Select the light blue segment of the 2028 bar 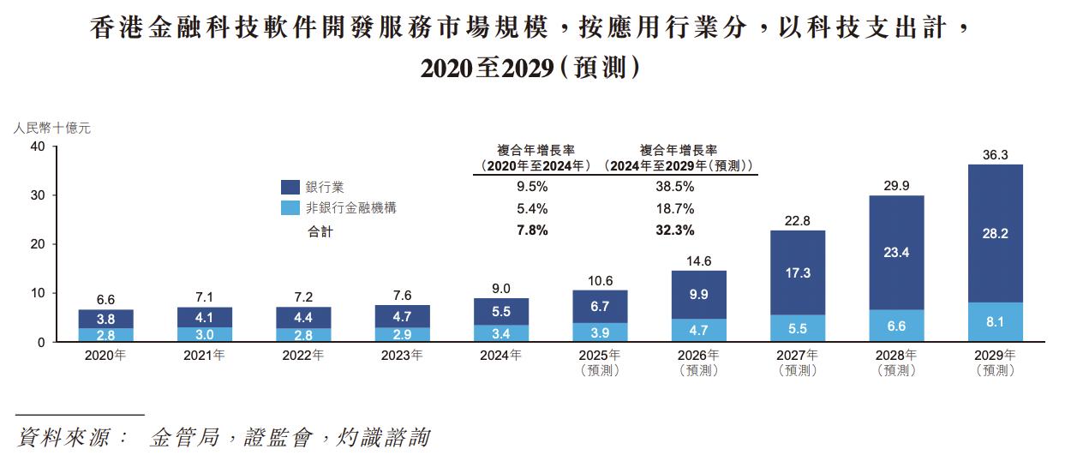point(896,326)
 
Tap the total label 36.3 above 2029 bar point(995,155)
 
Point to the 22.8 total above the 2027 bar point(798,221)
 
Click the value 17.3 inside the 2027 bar point(798,273)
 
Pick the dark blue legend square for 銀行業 point(290,186)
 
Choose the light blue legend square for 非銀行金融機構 point(290,208)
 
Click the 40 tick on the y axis point(38,147)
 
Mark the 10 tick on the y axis point(38,294)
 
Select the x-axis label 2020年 point(106,356)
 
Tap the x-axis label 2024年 point(500,356)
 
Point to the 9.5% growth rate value point(532,186)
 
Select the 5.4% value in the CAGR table point(532,208)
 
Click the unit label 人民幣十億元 point(51,129)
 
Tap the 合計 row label point(320,231)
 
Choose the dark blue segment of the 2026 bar point(699,295)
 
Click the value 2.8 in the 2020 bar point(106,334)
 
